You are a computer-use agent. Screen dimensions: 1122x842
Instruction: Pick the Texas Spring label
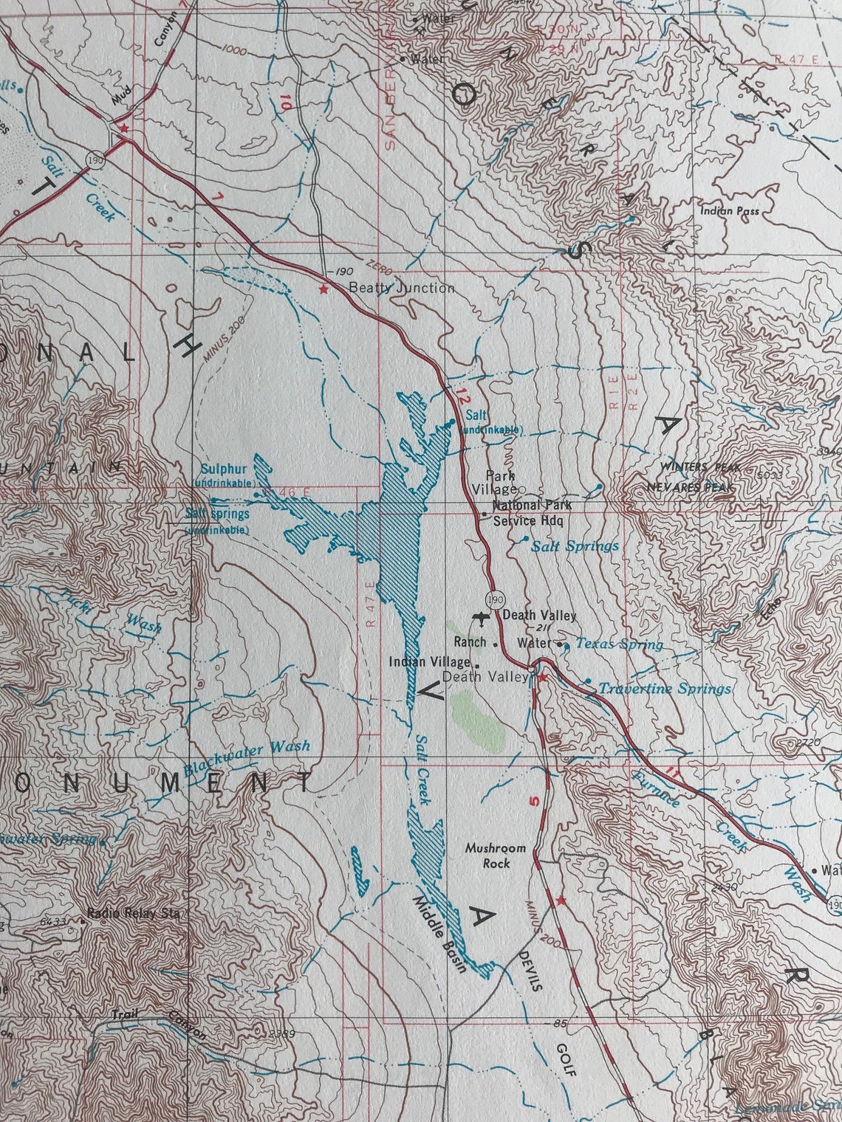click(619, 644)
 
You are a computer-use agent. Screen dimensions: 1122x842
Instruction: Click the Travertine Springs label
click(664, 689)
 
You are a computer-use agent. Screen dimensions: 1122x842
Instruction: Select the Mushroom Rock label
click(495, 855)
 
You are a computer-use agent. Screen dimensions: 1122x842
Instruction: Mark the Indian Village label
click(430, 661)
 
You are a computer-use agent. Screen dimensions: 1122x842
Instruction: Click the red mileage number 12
click(462, 395)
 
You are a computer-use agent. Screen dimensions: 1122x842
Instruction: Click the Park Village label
click(500, 482)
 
